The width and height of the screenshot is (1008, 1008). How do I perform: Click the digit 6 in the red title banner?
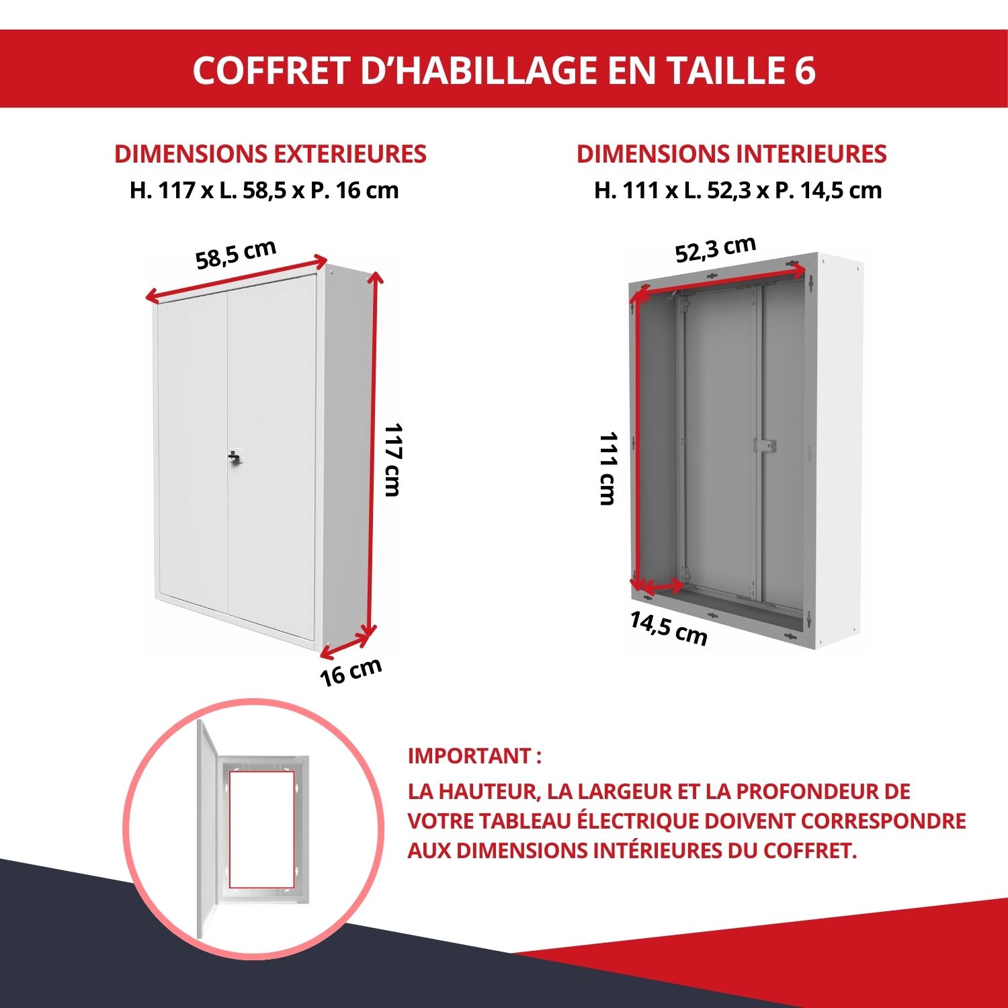click(804, 70)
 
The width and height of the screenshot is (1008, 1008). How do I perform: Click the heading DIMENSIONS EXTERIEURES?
click(270, 154)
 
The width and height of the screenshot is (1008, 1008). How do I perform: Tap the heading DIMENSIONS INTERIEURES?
click(731, 154)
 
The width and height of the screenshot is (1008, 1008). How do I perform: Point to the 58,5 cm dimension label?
click(236, 253)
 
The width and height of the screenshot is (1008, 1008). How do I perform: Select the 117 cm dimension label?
click(392, 460)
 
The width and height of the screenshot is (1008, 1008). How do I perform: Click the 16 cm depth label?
click(351, 671)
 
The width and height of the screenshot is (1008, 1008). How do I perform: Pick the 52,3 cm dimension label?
click(716, 249)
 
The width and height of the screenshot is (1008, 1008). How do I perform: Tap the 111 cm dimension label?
click(607, 468)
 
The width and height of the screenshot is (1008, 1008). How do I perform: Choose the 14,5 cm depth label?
click(669, 628)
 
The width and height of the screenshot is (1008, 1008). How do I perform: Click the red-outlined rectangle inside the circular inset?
click(261, 829)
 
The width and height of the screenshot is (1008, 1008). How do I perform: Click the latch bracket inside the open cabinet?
click(764, 445)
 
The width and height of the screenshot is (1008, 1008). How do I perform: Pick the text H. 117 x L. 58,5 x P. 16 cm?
click(264, 190)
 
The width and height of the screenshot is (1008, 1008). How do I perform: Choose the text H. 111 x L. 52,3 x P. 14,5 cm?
click(737, 190)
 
